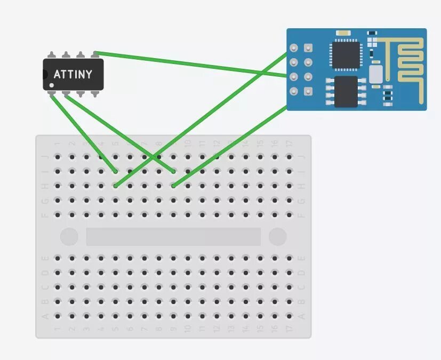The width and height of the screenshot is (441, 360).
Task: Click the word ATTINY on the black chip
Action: click(73, 74)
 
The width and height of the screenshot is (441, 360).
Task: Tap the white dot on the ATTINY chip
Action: click(52, 85)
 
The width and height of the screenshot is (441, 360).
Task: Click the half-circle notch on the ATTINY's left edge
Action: click(45, 74)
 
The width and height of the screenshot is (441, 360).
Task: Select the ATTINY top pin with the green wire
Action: click(95, 54)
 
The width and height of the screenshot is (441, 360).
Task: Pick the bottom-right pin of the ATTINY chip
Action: click(95, 94)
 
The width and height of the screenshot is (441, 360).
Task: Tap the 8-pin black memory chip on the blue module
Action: click(346, 91)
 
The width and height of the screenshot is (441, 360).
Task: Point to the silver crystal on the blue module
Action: click(376, 74)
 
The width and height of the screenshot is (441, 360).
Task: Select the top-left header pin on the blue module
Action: click(293, 49)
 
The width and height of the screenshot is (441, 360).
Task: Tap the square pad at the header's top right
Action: click(308, 49)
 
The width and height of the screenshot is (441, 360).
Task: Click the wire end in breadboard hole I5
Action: click(116, 171)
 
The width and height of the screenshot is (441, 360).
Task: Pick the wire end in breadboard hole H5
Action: click(116, 186)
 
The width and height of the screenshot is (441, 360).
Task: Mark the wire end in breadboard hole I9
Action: click(174, 171)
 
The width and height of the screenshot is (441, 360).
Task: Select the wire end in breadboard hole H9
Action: click(174, 186)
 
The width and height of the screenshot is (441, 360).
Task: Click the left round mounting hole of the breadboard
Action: click(69, 236)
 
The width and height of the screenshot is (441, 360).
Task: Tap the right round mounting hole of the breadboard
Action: click(277, 236)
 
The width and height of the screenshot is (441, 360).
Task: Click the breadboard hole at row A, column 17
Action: click(289, 316)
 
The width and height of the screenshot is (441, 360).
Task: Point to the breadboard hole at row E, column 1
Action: click(58, 258)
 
